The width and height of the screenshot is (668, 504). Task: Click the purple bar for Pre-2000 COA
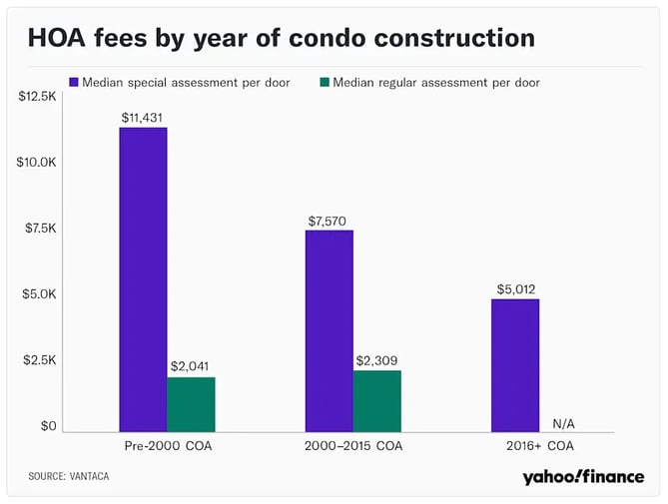[x=143, y=279]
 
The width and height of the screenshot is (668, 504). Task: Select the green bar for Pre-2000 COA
[x=191, y=404]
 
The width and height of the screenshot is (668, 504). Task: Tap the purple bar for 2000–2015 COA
[x=330, y=331]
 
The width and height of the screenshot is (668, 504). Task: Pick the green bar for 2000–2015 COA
[x=377, y=401]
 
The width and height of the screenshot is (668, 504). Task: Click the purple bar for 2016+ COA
[x=515, y=365]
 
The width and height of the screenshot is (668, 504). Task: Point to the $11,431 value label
[x=142, y=118]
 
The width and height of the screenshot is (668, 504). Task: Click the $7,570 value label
[x=328, y=221]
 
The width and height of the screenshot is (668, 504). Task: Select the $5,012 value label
[x=516, y=289]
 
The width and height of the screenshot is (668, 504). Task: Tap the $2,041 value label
[x=190, y=366]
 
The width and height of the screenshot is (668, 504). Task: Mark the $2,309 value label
[x=376, y=361]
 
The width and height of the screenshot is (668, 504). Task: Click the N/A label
[x=563, y=424]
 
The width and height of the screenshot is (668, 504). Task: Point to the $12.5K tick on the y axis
[x=37, y=96]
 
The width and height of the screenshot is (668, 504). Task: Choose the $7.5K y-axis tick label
[x=41, y=229]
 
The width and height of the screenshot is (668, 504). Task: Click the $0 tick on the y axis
[x=48, y=426]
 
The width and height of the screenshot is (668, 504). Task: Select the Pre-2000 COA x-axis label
[x=168, y=446]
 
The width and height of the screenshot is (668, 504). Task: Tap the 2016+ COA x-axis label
[x=540, y=446]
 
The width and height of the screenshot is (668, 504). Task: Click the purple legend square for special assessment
[x=74, y=82]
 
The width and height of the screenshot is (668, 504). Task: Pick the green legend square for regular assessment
[x=325, y=82]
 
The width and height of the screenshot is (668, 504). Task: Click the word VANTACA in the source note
[x=89, y=476]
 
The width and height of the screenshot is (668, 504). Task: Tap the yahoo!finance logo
[x=583, y=477]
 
